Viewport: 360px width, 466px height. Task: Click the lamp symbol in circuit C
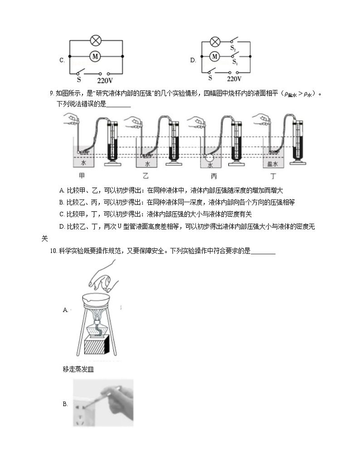click(x=96, y=41)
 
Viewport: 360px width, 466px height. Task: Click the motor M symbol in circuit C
click(x=96, y=56)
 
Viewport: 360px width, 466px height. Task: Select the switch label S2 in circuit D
click(x=233, y=48)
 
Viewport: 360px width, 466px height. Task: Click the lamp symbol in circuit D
click(x=216, y=42)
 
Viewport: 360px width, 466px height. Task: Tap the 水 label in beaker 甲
click(x=83, y=162)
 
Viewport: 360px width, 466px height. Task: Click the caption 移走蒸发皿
click(x=78, y=369)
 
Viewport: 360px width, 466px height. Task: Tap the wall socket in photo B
click(x=83, y=411)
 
